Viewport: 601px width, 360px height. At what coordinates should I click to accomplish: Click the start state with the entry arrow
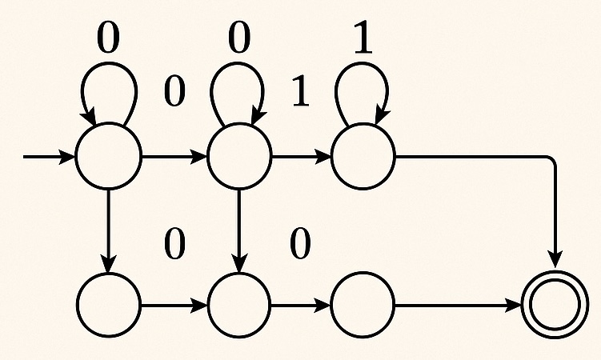108,156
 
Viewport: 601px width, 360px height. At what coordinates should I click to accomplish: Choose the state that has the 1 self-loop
363,156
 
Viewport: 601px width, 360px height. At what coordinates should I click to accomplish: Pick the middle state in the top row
239,156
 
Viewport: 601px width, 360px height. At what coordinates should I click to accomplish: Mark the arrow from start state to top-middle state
174,156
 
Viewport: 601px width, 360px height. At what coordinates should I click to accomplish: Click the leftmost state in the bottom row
108,305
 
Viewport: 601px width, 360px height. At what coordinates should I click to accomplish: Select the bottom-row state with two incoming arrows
239,305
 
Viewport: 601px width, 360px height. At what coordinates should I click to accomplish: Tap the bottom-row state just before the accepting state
363,305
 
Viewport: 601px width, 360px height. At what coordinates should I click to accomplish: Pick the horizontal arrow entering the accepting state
457,305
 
